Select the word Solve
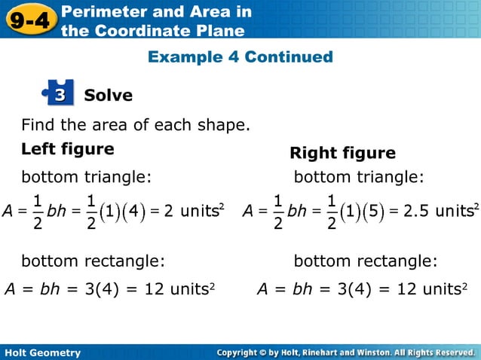(x=108, y=96)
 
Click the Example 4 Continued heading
(x=240, y=57)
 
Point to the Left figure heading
(x=67, y=149)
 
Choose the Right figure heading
(x=342, y=154)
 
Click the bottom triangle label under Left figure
(x=86, y=177)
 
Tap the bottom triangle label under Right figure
(x=359, y=177)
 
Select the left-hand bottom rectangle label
(x=93, y=261)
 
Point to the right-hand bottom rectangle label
(x=365, y=261)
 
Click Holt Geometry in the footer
(x=42, y=352)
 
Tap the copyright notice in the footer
(x=345, y=352)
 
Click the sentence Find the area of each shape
(x=135, y=124)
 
